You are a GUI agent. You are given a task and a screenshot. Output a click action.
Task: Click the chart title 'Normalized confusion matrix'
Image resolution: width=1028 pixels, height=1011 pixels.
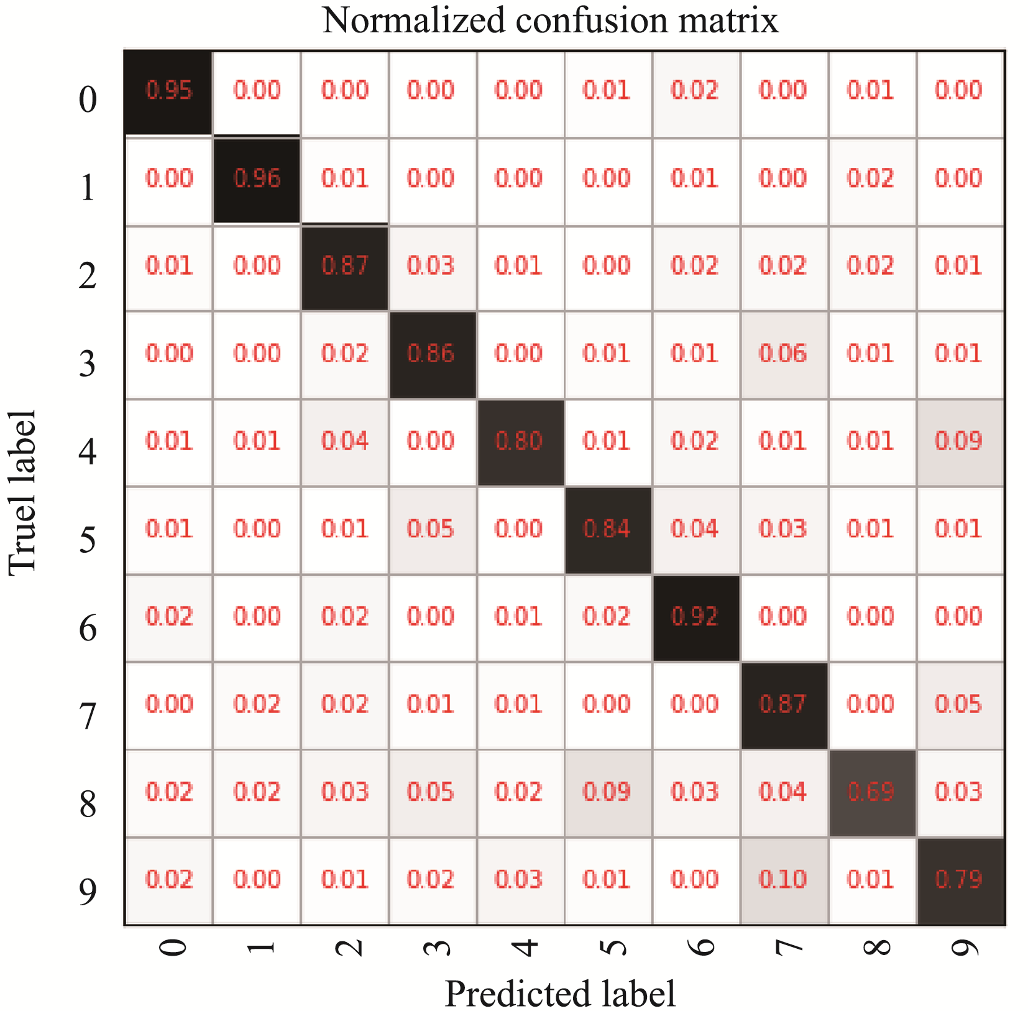pyautogui.click(x=550, y=21)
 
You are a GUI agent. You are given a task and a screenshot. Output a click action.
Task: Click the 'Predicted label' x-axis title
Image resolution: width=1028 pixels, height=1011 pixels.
pyautogui.click(x=560, y=993)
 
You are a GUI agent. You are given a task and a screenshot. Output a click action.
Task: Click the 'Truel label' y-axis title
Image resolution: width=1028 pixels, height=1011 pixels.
pyautogui.click(x=23, y=492)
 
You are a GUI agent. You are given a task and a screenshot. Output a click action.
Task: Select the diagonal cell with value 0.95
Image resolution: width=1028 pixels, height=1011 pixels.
pyautogui.click(x=169, y=91)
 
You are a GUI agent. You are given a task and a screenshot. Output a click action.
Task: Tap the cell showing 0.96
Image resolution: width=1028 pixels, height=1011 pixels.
pyautogui.click(x=257, y=179)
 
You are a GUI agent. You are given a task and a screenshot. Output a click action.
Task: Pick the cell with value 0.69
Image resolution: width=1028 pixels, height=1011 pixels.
pyautogui.click(x=871, y=792)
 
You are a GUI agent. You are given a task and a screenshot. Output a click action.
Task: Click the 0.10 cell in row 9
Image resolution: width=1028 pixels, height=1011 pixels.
pyautogui.click(x=783, y=880)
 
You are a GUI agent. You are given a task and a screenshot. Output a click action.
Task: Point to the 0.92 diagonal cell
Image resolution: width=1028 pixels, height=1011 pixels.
pyautogui.click(x=695, y=617)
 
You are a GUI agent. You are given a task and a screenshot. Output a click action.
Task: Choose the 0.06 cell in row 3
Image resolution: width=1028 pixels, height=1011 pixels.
pyautogui.click(x=783, y=354)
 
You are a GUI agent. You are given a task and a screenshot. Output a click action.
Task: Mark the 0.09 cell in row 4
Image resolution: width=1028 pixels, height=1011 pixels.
pyautogui.click(x=959, y=441)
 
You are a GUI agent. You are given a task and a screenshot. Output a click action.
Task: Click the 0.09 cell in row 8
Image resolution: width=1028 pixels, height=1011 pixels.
pyautogui.click(x=607, y=792)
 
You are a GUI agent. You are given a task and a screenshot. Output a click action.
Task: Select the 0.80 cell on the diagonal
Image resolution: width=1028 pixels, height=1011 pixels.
pyautogui.click(x=520, y=441)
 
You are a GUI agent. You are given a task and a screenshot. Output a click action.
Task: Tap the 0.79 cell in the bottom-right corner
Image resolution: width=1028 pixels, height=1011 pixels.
pyautogui.click(x=959, y=880)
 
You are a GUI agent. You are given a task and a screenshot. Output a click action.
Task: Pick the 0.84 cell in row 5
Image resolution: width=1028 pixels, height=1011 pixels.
pyautogui.click(x=607, y=529)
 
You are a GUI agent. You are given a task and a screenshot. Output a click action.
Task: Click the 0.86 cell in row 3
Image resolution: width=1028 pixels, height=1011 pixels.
pyautogui.click(x=431, y=354)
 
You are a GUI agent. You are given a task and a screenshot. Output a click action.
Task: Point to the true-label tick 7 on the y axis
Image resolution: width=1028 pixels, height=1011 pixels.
pyautogui.click(x=88, y=716)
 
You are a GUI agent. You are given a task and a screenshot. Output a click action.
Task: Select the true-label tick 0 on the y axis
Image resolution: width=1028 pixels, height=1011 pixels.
pyautogui.click(x=88, y=99)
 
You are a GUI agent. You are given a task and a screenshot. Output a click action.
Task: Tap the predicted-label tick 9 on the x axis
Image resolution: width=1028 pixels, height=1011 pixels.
pyautogui.click(x=965, y=948)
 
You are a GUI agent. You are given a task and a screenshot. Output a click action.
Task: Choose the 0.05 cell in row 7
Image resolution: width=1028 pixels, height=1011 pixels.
pyautogui.click(x=959, y=704)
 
